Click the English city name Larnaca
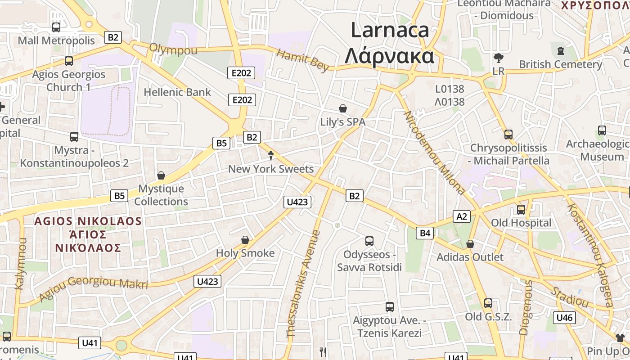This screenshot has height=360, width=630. [390, 30]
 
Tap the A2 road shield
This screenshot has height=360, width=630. [462, 216]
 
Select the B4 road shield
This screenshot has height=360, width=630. [425, 233]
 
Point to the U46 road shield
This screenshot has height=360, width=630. [564, 318]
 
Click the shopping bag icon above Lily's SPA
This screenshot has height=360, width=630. [343, 108]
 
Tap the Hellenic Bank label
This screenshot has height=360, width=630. [177, 92]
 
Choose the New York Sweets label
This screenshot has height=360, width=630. [271, 169]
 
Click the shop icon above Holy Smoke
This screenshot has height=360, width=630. [245, 240]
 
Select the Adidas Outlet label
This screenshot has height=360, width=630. [470, 257]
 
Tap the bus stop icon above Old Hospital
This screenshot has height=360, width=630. [521, 209]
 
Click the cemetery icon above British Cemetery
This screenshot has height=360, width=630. [561, 51]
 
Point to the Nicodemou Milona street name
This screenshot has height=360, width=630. [434, 153]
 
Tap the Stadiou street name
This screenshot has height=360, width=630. [571, 296]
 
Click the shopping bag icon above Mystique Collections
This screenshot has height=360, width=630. [161, 175]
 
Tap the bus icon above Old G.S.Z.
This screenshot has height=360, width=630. [488, 303]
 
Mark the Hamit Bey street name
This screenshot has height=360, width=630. [303, 60]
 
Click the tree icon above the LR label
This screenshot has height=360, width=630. [498, 58]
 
